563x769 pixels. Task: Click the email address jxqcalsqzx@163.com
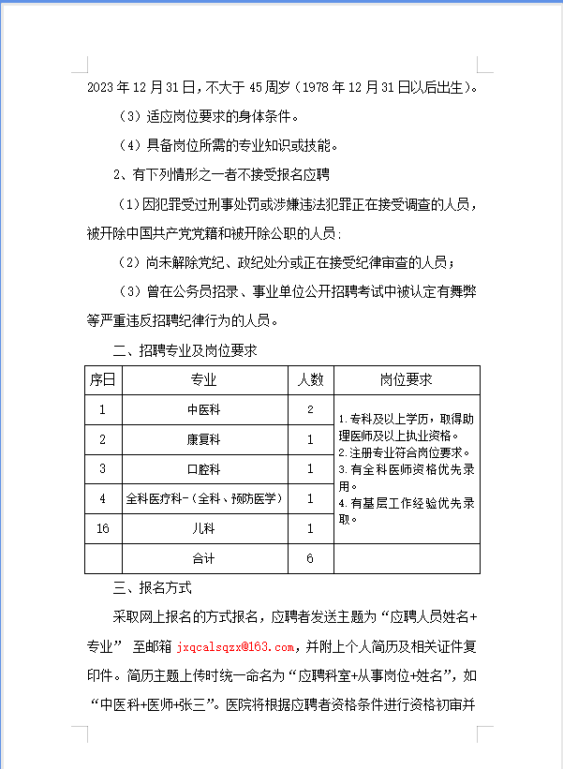click(x=234, y=646)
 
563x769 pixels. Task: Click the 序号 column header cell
click(x=103, y=379)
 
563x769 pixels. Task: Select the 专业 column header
click(x=203, y=379)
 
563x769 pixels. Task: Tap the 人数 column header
click(x=310, y=379)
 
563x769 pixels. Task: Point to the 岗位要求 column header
click(x=407, y=379)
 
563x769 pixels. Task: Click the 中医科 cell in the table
click(x=203, y=409)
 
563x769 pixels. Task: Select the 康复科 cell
click(x=203, y=439)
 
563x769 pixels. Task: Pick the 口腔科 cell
click(x=203, y=468)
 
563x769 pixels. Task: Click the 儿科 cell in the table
click(x=203, y=528)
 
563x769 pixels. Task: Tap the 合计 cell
click(x=203, y=558)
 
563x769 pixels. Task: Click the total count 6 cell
click(x=310, y=558)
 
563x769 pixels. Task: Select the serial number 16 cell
click(x=103, y=528)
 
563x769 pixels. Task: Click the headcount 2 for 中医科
click(x=310, y=409)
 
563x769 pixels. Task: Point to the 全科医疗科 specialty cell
click(x=203, y=498)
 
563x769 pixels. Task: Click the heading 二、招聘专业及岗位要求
click(x=185, y=350)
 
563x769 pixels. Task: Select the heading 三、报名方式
click(x=152, y=588)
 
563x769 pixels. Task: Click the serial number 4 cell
click(x=103, y=498)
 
